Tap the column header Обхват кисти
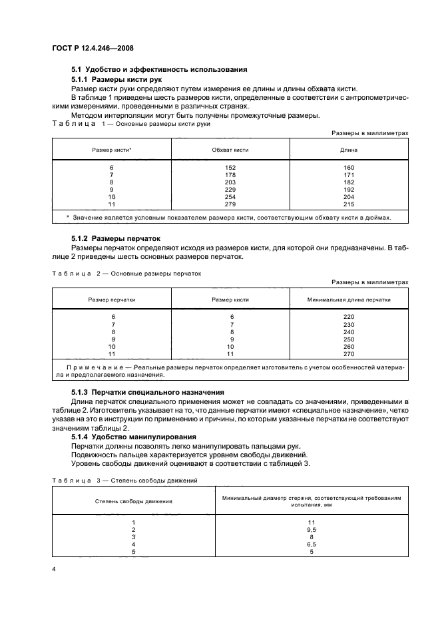point(230,150)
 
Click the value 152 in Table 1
point(230,167)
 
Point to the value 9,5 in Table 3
point(312,529)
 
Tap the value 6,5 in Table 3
point(312,544)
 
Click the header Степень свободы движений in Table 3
point(134,501)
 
